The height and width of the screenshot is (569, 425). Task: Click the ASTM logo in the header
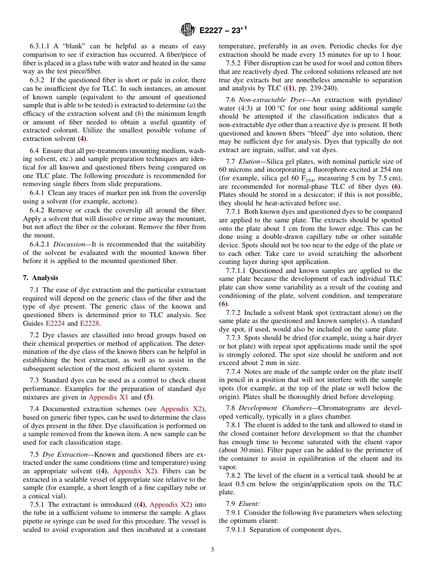[187, 30]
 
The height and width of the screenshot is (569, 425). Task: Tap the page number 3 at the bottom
[212, 550]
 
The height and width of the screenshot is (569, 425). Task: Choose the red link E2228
[90, 323]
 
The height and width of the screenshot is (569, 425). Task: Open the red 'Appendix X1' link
[110, 397]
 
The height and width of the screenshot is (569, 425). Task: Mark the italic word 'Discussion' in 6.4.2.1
[69, 244]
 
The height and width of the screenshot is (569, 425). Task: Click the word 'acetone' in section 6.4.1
[126, 202]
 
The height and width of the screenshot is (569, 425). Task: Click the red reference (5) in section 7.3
[147, 397]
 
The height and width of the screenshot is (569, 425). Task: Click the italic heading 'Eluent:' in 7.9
[249, 503]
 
